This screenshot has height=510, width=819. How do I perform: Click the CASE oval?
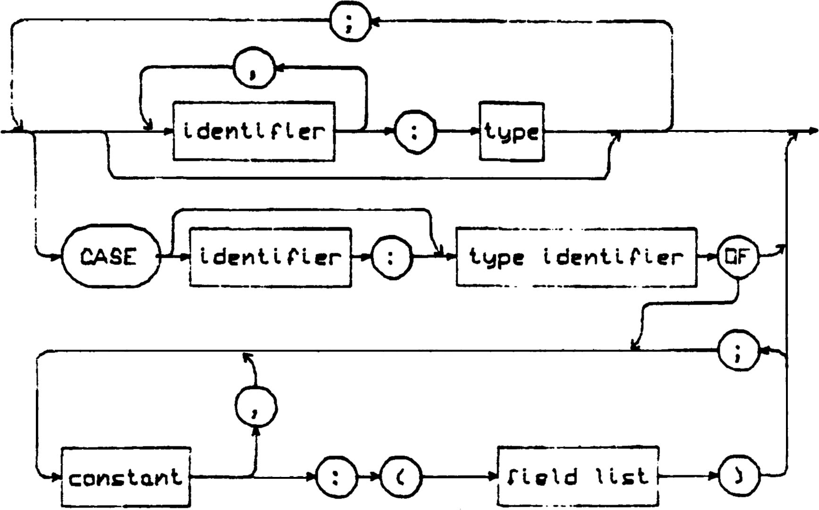click(110, 257)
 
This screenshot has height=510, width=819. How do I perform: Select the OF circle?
click(738, 257)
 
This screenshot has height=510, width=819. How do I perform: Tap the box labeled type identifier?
click(576, 257)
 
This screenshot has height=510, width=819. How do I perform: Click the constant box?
click(126, 477)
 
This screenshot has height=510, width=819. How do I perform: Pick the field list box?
click(578, 476)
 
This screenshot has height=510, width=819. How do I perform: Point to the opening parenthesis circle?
click(401, 477)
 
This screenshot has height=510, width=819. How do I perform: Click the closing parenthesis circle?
click(739, 476)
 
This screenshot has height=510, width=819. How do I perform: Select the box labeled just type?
click(512, 132)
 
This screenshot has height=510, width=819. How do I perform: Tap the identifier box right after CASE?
click(270, 257)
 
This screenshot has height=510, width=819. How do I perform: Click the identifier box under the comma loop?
click(254, 131)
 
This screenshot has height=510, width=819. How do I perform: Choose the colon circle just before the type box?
click(415, 132)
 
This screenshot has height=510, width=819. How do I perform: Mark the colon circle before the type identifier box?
click(391, 258)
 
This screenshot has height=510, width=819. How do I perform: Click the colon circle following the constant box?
click(336, 477)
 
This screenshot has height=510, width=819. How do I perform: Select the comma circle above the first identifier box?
click(254, 68)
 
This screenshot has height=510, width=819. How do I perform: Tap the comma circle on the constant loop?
click(256, 407)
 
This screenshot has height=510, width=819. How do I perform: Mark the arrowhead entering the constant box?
click(57, 477)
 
